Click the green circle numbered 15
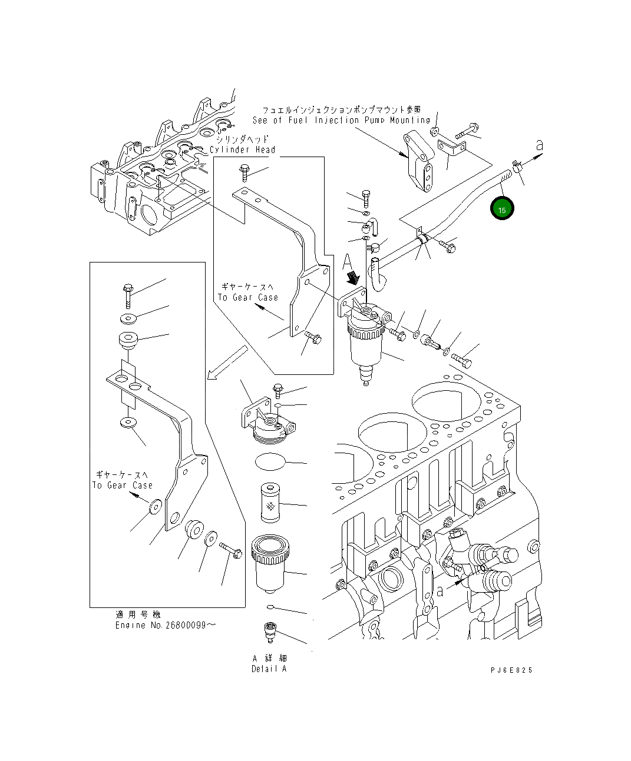point(503,210)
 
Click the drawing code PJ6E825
point(511,670)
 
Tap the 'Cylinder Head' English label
point(242,149)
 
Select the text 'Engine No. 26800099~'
point(165,624)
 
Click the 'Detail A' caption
point(269,669)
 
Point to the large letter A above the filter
point(348,260)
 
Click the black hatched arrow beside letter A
point(355,277)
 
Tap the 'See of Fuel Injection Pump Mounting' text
point(341,120)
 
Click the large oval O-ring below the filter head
point(272,461)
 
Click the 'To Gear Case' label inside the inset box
point(122,485)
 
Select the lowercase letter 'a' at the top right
point(539,145)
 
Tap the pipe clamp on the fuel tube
point(424,239)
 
